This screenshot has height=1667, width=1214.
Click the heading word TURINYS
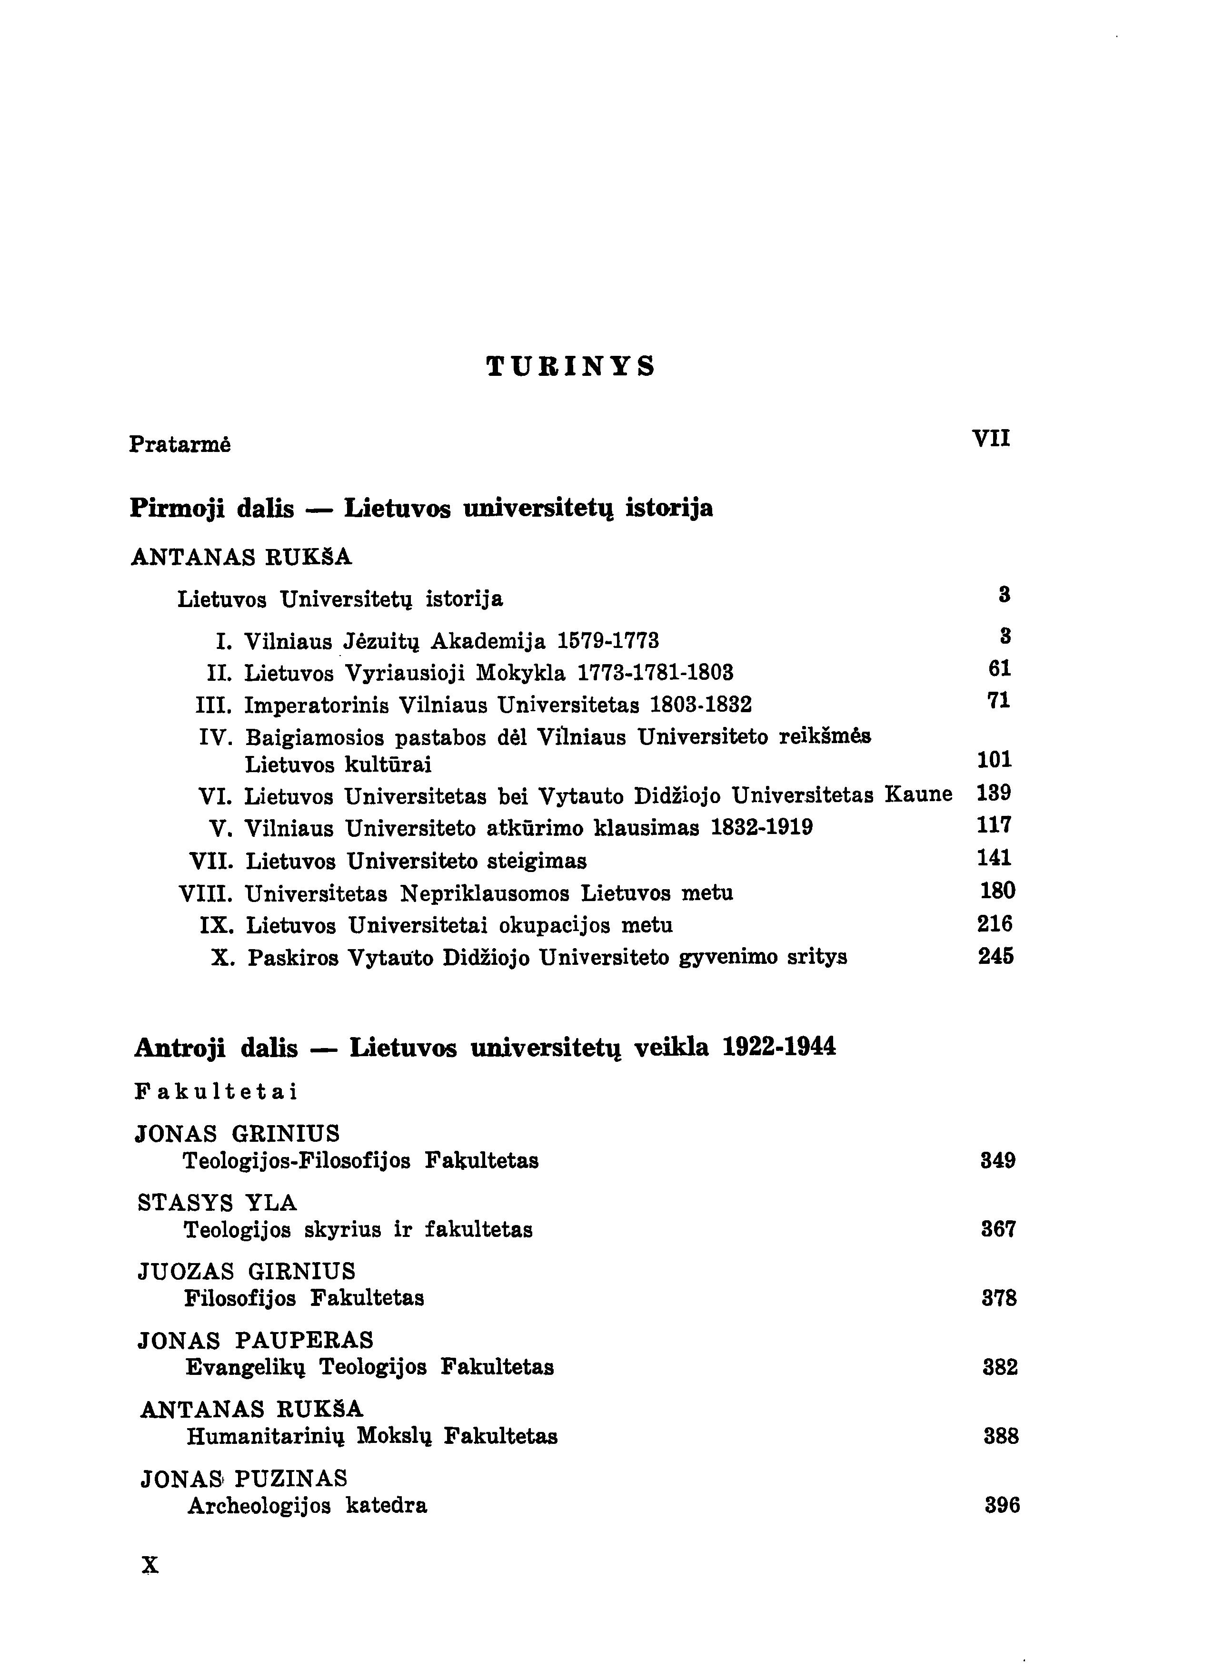[571, 366]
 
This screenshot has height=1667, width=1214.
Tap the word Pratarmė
[180, 445]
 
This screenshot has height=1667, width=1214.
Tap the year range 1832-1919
[762, 828]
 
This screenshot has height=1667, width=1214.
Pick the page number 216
[995, 924]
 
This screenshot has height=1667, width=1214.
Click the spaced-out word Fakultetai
[216, 1092]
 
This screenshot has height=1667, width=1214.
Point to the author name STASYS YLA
[217, 1203]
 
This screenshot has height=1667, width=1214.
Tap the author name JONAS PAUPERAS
[256, 1341]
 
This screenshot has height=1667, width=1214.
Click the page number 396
[1002, 1506]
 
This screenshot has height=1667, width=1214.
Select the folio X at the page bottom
[150, 1566]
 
